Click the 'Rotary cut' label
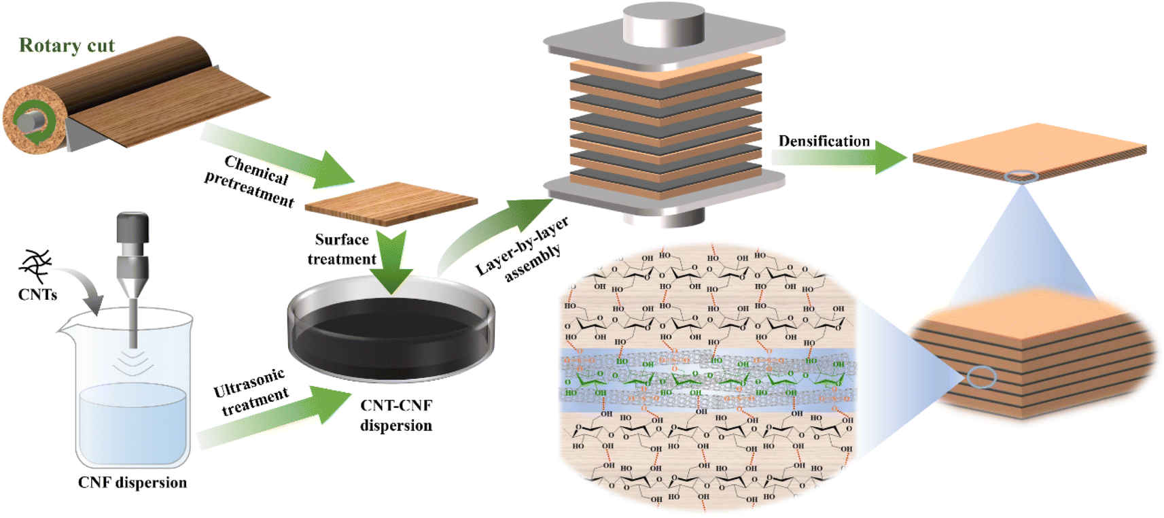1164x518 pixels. (67, 46)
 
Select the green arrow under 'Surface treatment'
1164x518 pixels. (392, 262)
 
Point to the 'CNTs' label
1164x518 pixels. (37, 294)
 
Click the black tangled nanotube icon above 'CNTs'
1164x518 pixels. (36, 266)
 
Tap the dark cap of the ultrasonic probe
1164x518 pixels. (133, 227)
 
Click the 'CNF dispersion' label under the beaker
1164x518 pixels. (132, 483)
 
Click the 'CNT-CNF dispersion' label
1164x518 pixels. (396, 415)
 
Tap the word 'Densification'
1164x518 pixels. (824, 141)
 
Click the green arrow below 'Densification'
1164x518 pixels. (843, 157)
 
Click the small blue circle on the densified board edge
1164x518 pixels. (1021, 177)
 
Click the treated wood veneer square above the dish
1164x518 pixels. (391, 203)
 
